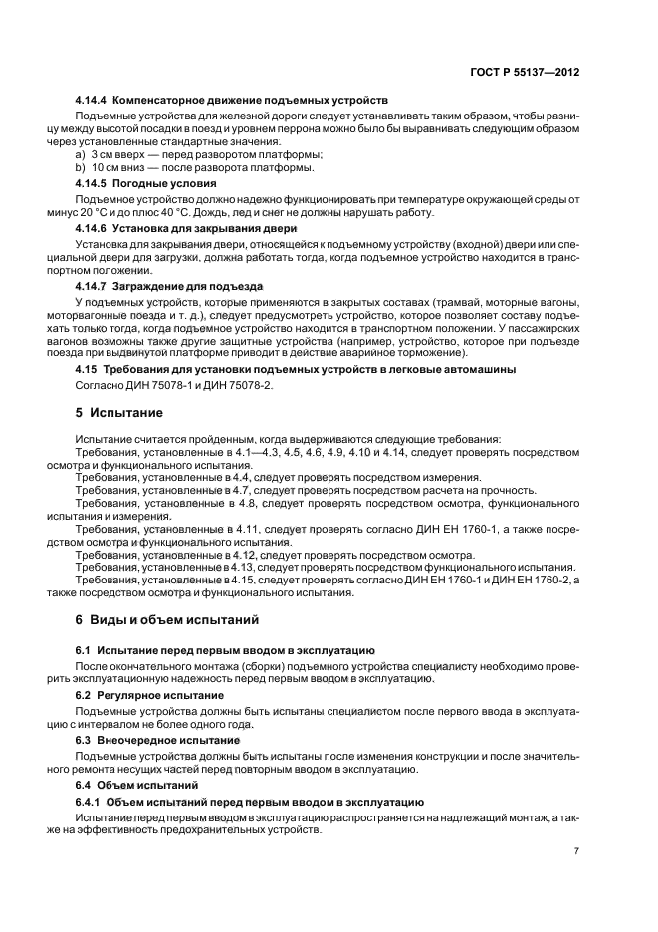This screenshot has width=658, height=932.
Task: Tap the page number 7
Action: pos(576,851)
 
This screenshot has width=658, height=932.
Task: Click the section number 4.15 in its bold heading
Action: pos(87,369)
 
